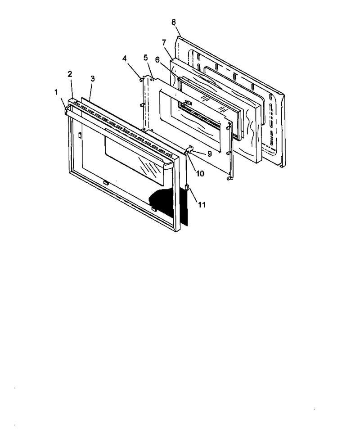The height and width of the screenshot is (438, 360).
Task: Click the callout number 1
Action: [56, 92]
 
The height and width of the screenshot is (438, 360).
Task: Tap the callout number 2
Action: [70, 74]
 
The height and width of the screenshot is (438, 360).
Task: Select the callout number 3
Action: [92, 79]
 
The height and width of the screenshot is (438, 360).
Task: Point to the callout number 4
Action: [125, 59]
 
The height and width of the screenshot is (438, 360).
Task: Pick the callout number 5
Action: [145, 58]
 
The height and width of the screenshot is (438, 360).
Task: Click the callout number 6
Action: [157, 59]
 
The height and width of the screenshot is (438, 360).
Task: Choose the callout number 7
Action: [164, 42]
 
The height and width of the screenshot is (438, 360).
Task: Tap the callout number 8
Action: [174, 22]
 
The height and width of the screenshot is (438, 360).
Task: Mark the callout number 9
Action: [209, 154]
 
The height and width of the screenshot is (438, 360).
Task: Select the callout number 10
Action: [200, 173]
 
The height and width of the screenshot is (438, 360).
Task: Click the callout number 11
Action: [202, 205]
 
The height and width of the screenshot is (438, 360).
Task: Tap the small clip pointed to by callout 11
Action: [187, 187]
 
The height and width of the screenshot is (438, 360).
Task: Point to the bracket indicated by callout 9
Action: [189, 149]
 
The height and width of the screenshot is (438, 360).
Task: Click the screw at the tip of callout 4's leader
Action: [141, 80]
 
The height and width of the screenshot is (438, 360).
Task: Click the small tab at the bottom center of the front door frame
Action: [106, 183]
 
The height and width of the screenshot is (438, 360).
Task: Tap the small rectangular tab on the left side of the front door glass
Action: [80, 135]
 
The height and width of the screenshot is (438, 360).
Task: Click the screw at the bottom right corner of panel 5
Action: [229, 178]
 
